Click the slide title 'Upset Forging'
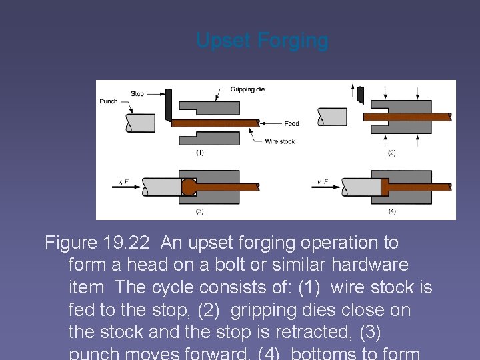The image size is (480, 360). click(262, 41)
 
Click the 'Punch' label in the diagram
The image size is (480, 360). click(108, 101)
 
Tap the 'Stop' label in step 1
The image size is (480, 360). click(137, 94)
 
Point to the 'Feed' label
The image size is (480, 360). click(292, 123)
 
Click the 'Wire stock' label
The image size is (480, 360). click(279, 141)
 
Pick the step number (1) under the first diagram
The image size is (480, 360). click(199, 153)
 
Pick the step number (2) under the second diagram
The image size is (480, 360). click(391, 153)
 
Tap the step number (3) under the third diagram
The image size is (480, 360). click(199, 211)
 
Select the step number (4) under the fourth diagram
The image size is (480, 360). click(391, 211)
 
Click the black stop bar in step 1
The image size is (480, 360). click(169, 105)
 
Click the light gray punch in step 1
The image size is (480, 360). click(140, 123)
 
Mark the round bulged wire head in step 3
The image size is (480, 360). click(189, 187)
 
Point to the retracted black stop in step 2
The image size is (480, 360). click(361, 95)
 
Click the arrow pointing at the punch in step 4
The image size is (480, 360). click(327, 187)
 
